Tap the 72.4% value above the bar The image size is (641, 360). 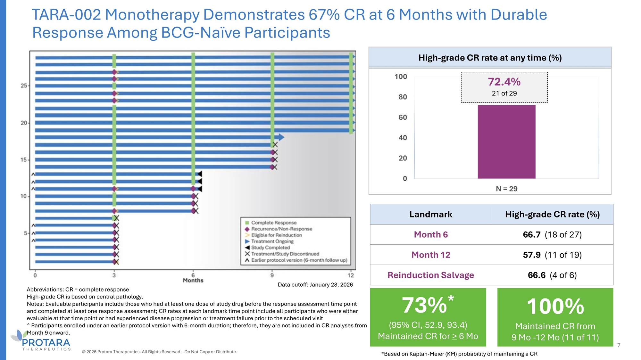(504, 82)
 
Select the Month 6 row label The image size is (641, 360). (431, 234)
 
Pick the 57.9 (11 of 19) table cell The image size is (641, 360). (552, 255)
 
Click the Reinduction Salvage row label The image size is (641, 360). (430, 275)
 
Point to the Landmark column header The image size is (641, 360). (430, 214)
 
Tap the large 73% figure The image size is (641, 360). (424, 306)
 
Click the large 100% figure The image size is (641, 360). (555, 307)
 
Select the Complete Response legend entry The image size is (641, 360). (274, 223)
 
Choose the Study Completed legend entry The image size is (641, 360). (270, 248)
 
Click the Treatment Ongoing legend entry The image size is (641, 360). (272, 241)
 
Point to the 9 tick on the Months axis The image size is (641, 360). (272, 275)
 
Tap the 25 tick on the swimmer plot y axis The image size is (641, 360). (24, 86)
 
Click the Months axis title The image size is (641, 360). (193, 281)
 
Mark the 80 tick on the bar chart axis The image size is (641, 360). (403, 97)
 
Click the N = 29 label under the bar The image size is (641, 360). (506, 189)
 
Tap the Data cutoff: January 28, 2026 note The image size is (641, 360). (315, 285)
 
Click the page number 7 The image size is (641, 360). (619, 345)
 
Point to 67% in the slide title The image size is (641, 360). (324, 15)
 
